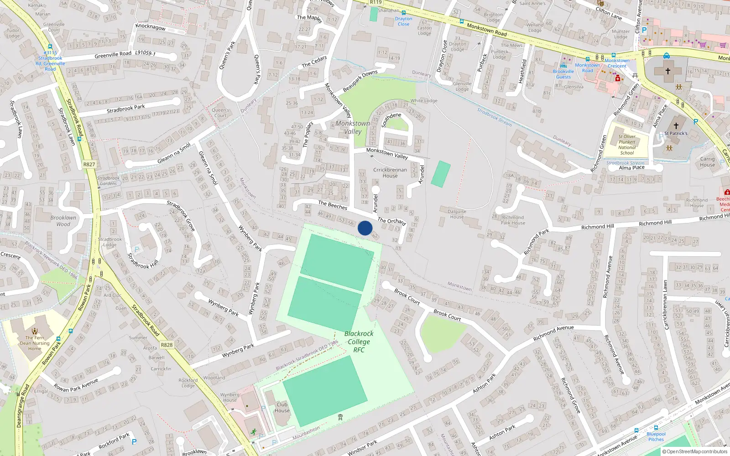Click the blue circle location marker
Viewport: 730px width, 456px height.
click(365, 228)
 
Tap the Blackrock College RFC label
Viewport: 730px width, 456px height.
click(359, 342)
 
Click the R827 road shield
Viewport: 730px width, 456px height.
click(89, 164)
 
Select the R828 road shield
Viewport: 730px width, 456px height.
click(167, 345)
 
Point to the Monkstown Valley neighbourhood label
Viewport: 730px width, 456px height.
click(353, 127)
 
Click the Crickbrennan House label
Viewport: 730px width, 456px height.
click(390, 172)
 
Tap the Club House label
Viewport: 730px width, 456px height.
click(282, 407)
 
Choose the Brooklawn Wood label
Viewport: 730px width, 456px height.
click(63, 221)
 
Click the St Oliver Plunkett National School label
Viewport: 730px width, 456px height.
click(627, 145)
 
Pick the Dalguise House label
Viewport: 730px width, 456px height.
click(457, 214)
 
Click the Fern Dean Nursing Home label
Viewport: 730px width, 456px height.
click(35, 343)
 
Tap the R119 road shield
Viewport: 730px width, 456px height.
click(376, 2)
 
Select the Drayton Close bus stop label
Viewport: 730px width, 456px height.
click(403, 21)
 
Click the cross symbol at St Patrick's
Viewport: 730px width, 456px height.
click(676, 125)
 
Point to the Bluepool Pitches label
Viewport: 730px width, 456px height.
click(656, 436)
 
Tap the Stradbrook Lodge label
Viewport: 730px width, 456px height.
click(110, 242)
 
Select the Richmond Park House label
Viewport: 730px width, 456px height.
click(513, 220)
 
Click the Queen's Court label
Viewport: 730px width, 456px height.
click(220, 113)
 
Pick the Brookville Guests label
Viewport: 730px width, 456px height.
click(563, 74)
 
